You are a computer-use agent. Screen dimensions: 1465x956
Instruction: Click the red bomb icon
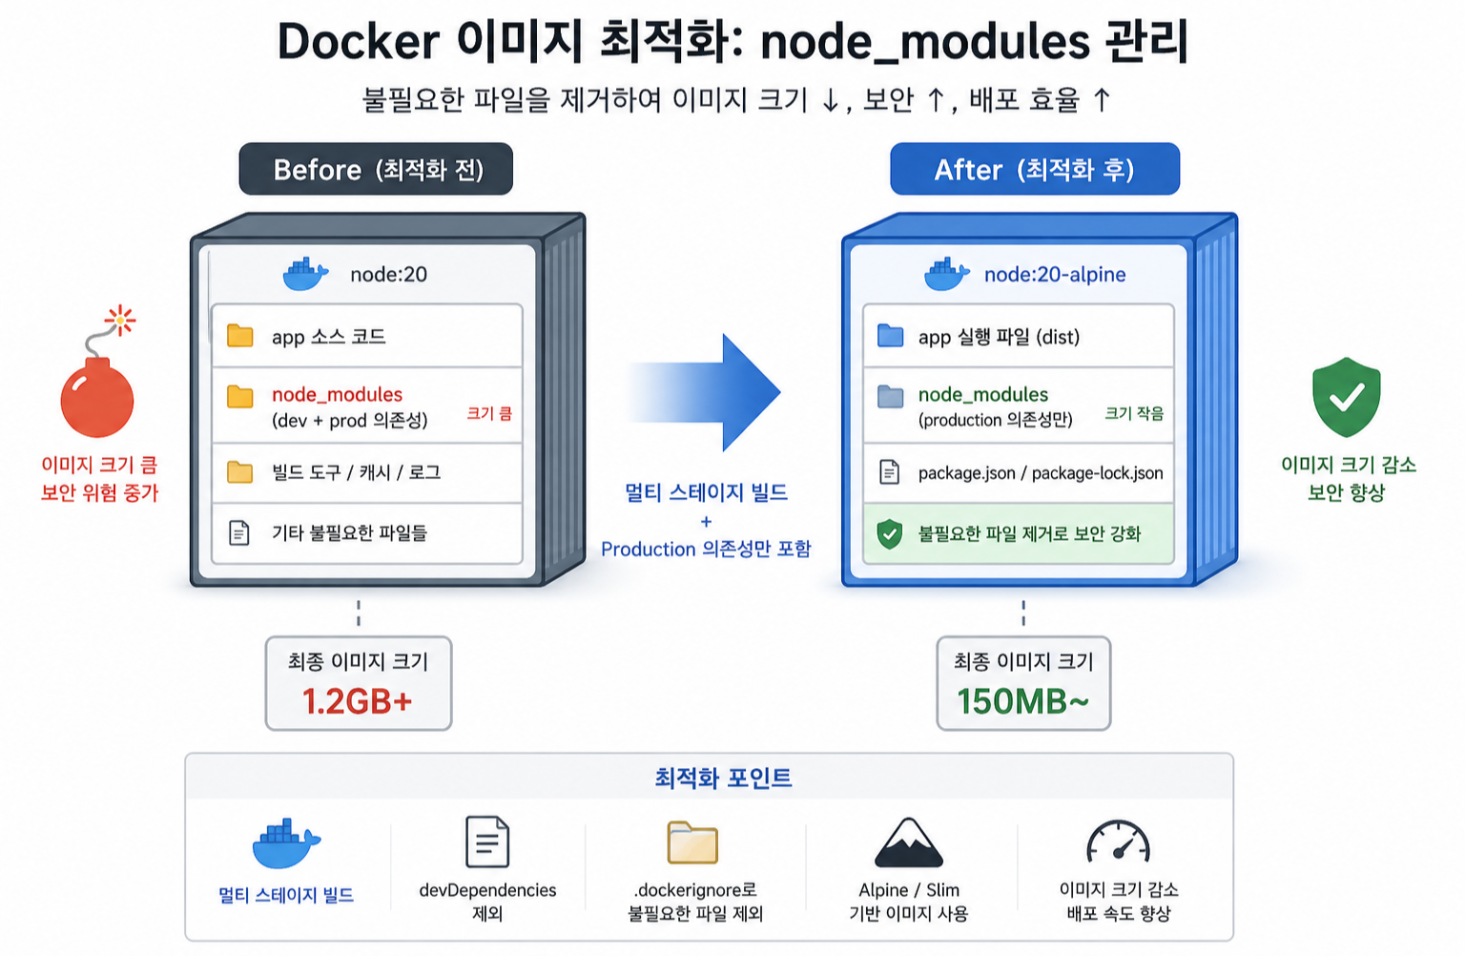[x=97, y=395]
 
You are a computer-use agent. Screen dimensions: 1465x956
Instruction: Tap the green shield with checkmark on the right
[x=1346, y=397]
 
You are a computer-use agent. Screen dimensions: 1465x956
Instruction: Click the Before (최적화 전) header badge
[x=376, y=170]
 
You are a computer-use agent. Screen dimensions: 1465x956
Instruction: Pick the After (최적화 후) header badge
[x=1034, y=170]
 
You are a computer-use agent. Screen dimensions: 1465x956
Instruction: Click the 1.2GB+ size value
[x=358, y=701]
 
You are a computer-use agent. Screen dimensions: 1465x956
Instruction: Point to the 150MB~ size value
[x=1022, y=701]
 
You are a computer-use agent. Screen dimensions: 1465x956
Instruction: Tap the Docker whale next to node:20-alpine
[x=946, y=275]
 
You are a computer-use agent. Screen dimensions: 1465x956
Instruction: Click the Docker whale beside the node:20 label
[x=305, y=275]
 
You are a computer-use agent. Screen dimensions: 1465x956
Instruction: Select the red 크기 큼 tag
[x=489, y=413]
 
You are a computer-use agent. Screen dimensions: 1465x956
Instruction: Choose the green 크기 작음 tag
[x=1134, y=413]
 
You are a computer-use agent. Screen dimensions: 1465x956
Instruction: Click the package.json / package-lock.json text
[x=1040, y=472]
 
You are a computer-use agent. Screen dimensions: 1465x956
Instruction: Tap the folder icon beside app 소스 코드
[x=240, y=336]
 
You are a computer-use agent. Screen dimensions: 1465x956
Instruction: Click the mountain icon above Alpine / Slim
[x=908, y=843]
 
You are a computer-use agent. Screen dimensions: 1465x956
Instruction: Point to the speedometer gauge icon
[x=1118, y=842]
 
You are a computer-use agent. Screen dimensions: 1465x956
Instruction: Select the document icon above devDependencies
[x=487, y=842]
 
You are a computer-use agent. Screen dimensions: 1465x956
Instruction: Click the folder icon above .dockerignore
[x=692, y=842]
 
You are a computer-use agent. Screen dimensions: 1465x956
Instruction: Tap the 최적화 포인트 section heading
[x=723, y=778]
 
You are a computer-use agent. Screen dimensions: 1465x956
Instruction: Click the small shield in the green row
[x=890, y=533]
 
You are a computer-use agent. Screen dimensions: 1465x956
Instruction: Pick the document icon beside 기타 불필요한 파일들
[x=239, y=532]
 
